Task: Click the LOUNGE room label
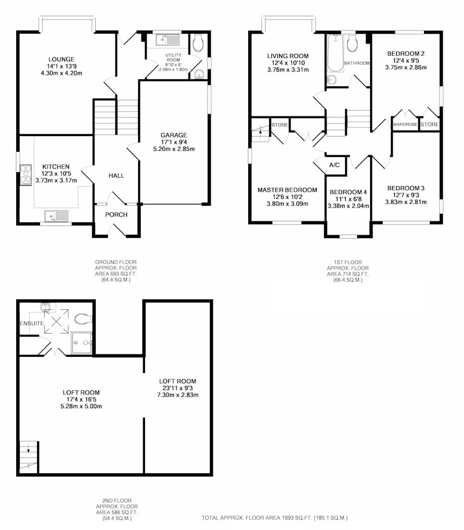point(61,60)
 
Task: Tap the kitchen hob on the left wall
point(26,175)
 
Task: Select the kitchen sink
point(56,216)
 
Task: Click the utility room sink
point(168,40)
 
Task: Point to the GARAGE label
point(174,135)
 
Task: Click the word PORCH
point(116,215)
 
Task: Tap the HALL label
point(116,176)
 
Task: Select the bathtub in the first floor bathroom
point(335,53)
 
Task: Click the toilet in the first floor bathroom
point(352,43)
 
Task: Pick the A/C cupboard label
point(335,165)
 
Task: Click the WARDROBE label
point(405,125)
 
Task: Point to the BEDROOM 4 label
point(348,192)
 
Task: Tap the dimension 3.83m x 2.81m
point(406,202)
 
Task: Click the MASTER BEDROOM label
point(287,190)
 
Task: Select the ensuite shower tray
point(82,343)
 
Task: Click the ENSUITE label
point(32,323)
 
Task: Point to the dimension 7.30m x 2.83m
point(177,395)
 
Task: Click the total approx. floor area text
point(274,518)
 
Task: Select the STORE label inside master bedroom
point(280,125)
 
